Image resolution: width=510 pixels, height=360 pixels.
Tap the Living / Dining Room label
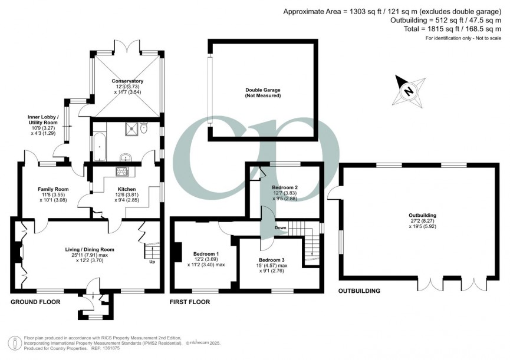pos(90,249)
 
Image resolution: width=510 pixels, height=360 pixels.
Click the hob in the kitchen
pos(123,171)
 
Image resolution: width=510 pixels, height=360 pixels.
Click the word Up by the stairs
pos(153,262)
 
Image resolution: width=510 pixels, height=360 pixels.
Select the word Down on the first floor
pos(281,228)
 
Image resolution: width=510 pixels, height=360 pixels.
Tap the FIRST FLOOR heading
pos(190,302)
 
